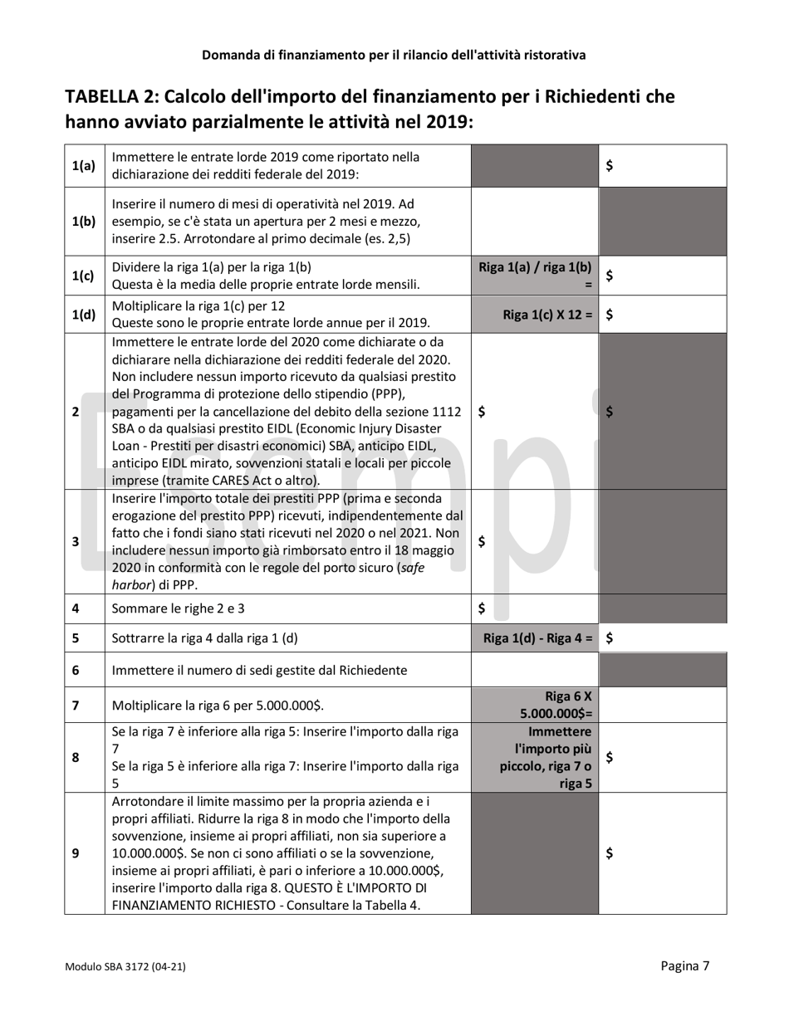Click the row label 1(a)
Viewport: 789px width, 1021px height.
tap(83, 166)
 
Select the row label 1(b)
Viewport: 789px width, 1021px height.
tap(83, 222)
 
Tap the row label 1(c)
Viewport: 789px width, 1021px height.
tap(83, 276)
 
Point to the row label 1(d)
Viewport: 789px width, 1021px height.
tap(83, 315)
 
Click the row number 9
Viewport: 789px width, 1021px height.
tap(76, 853)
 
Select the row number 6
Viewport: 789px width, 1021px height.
tap(76, 670)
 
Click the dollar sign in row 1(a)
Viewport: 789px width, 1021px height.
tap(610, 166)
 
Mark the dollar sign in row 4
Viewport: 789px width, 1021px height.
tap(483, 608)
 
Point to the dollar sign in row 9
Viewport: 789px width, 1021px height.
tap(610, 853)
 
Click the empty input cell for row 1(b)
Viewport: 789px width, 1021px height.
tap(534, 222)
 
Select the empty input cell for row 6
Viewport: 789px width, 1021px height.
tap(534, 670)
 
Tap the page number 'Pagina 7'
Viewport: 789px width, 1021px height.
tap(684, 965)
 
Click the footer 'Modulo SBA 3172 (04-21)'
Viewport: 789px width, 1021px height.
tap(125, 967)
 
